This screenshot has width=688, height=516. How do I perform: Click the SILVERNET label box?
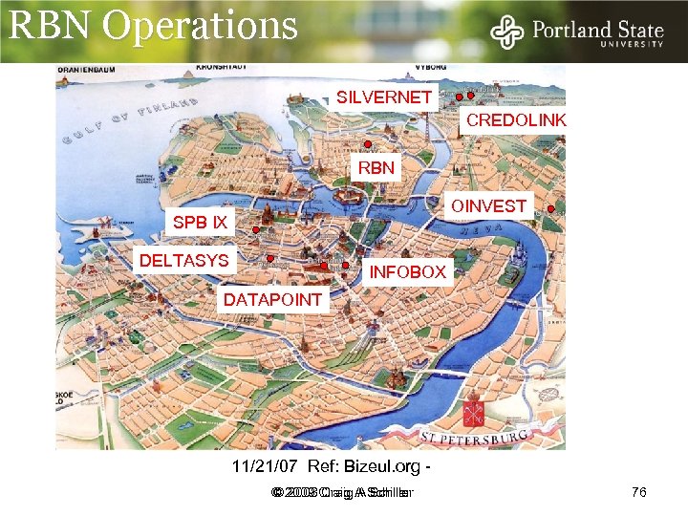click(x=383, y=97)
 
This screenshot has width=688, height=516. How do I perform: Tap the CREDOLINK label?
click(x=515, y=120)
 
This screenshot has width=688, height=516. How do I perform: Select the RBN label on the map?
click(x=376, y=168)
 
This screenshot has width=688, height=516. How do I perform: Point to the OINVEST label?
click(x=488, y=206)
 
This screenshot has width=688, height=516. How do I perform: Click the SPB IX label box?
click(x=200, y=223)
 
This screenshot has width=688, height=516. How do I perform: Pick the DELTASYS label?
click(x=184, y=260)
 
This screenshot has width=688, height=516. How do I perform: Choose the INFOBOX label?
click(x=407, y=272)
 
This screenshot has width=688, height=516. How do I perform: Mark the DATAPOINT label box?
click(x=272, y=300)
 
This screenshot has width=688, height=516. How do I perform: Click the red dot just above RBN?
click(x=368, y=145)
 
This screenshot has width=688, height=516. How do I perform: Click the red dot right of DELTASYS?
click(x=270, y=258)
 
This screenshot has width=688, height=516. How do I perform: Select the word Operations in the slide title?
click(x=200, y=25)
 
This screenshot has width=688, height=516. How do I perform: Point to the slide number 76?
click(x=639, y=492)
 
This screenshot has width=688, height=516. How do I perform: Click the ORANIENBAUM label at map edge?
click(x=84, y=70)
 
